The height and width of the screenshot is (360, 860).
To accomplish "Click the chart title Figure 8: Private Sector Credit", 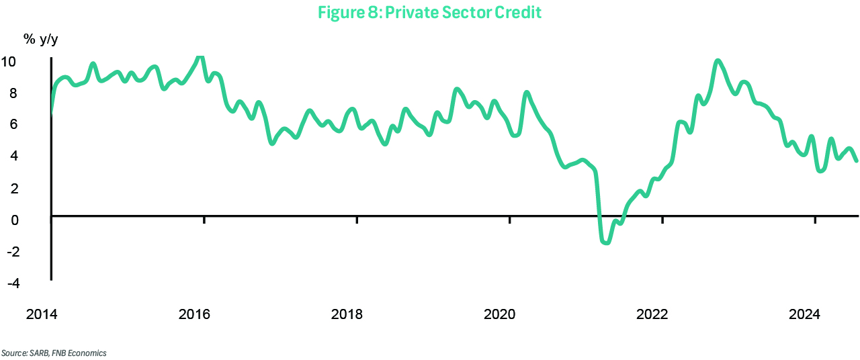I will pos(429,12).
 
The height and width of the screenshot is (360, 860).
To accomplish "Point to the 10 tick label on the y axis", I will pos(9,62).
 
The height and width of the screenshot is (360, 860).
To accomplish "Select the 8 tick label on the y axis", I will pos(12,93).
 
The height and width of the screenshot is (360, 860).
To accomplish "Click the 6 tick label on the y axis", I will pos(12,124).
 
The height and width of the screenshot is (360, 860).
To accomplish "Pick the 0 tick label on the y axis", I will pos(12,220).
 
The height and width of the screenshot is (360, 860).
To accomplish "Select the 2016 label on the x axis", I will pos(194,314).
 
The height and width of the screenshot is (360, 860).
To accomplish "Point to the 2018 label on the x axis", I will pos(347,314).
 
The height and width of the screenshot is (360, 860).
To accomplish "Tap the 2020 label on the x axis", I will pos(499,314).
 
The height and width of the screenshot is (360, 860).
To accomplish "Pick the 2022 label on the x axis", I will pos(652,314).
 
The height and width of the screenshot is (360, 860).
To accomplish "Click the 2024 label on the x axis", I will pos(804,314).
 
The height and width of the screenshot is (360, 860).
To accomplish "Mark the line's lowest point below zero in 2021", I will pos(606,242).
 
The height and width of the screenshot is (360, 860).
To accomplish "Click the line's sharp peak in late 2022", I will pos(718,61).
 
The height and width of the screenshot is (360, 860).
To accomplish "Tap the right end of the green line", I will pos(856,160).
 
